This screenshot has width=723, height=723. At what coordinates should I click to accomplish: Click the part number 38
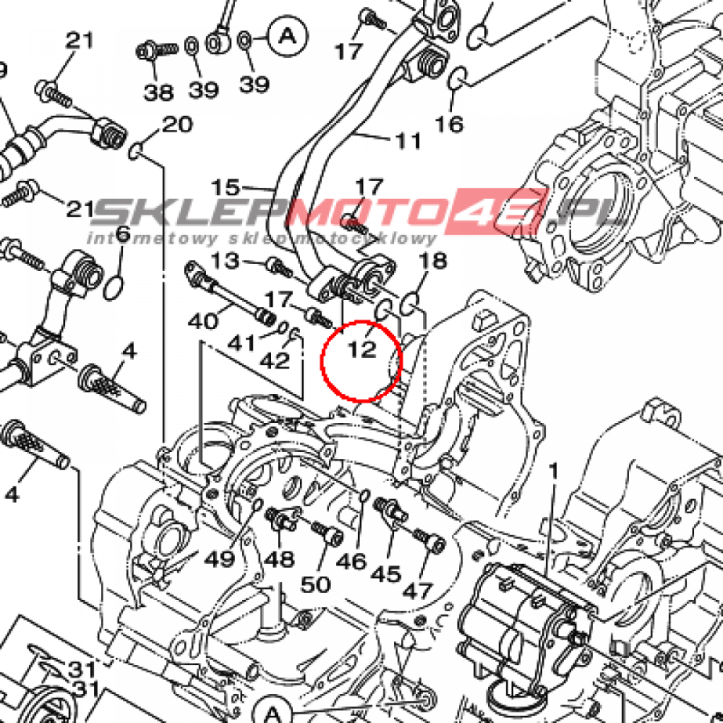(159, 91)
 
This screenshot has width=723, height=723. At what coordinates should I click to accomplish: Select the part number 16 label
(449, 124)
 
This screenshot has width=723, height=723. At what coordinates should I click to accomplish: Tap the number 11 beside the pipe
(407, 141)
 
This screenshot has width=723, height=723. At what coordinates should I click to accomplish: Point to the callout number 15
(226, 188)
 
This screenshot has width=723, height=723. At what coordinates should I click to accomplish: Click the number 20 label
(177, 125)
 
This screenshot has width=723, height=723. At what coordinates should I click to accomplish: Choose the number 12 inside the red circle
(361, 349)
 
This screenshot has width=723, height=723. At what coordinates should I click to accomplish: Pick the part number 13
(226, 261)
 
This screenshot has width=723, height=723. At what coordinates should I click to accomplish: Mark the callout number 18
(433, 261)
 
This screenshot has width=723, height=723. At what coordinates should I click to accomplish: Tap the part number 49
(219, 559)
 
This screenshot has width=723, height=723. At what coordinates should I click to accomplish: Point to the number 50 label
(316, 584)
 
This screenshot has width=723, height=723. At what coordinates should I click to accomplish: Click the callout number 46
(352, 561)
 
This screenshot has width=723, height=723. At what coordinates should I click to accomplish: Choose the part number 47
(417, 590)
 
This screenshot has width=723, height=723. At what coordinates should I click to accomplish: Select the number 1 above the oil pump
(554, 469)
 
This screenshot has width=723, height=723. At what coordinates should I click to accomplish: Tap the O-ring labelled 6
(115, 287)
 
